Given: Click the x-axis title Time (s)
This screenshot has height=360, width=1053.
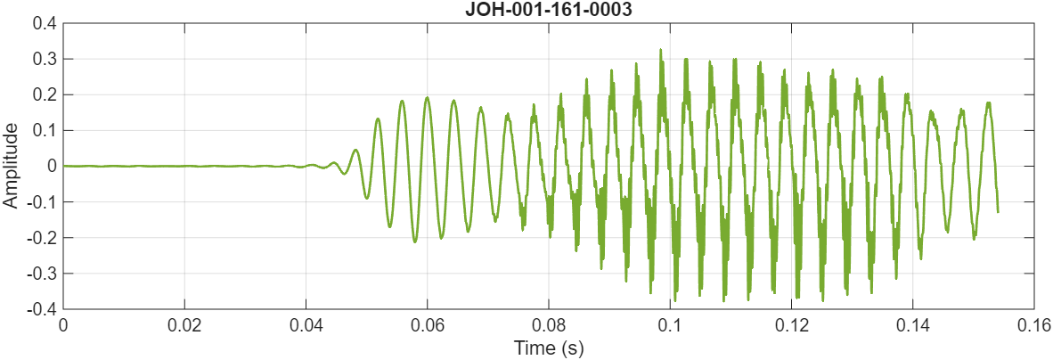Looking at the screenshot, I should click(548, 348).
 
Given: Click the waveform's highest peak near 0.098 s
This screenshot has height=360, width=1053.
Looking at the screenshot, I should click(660, 50).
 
